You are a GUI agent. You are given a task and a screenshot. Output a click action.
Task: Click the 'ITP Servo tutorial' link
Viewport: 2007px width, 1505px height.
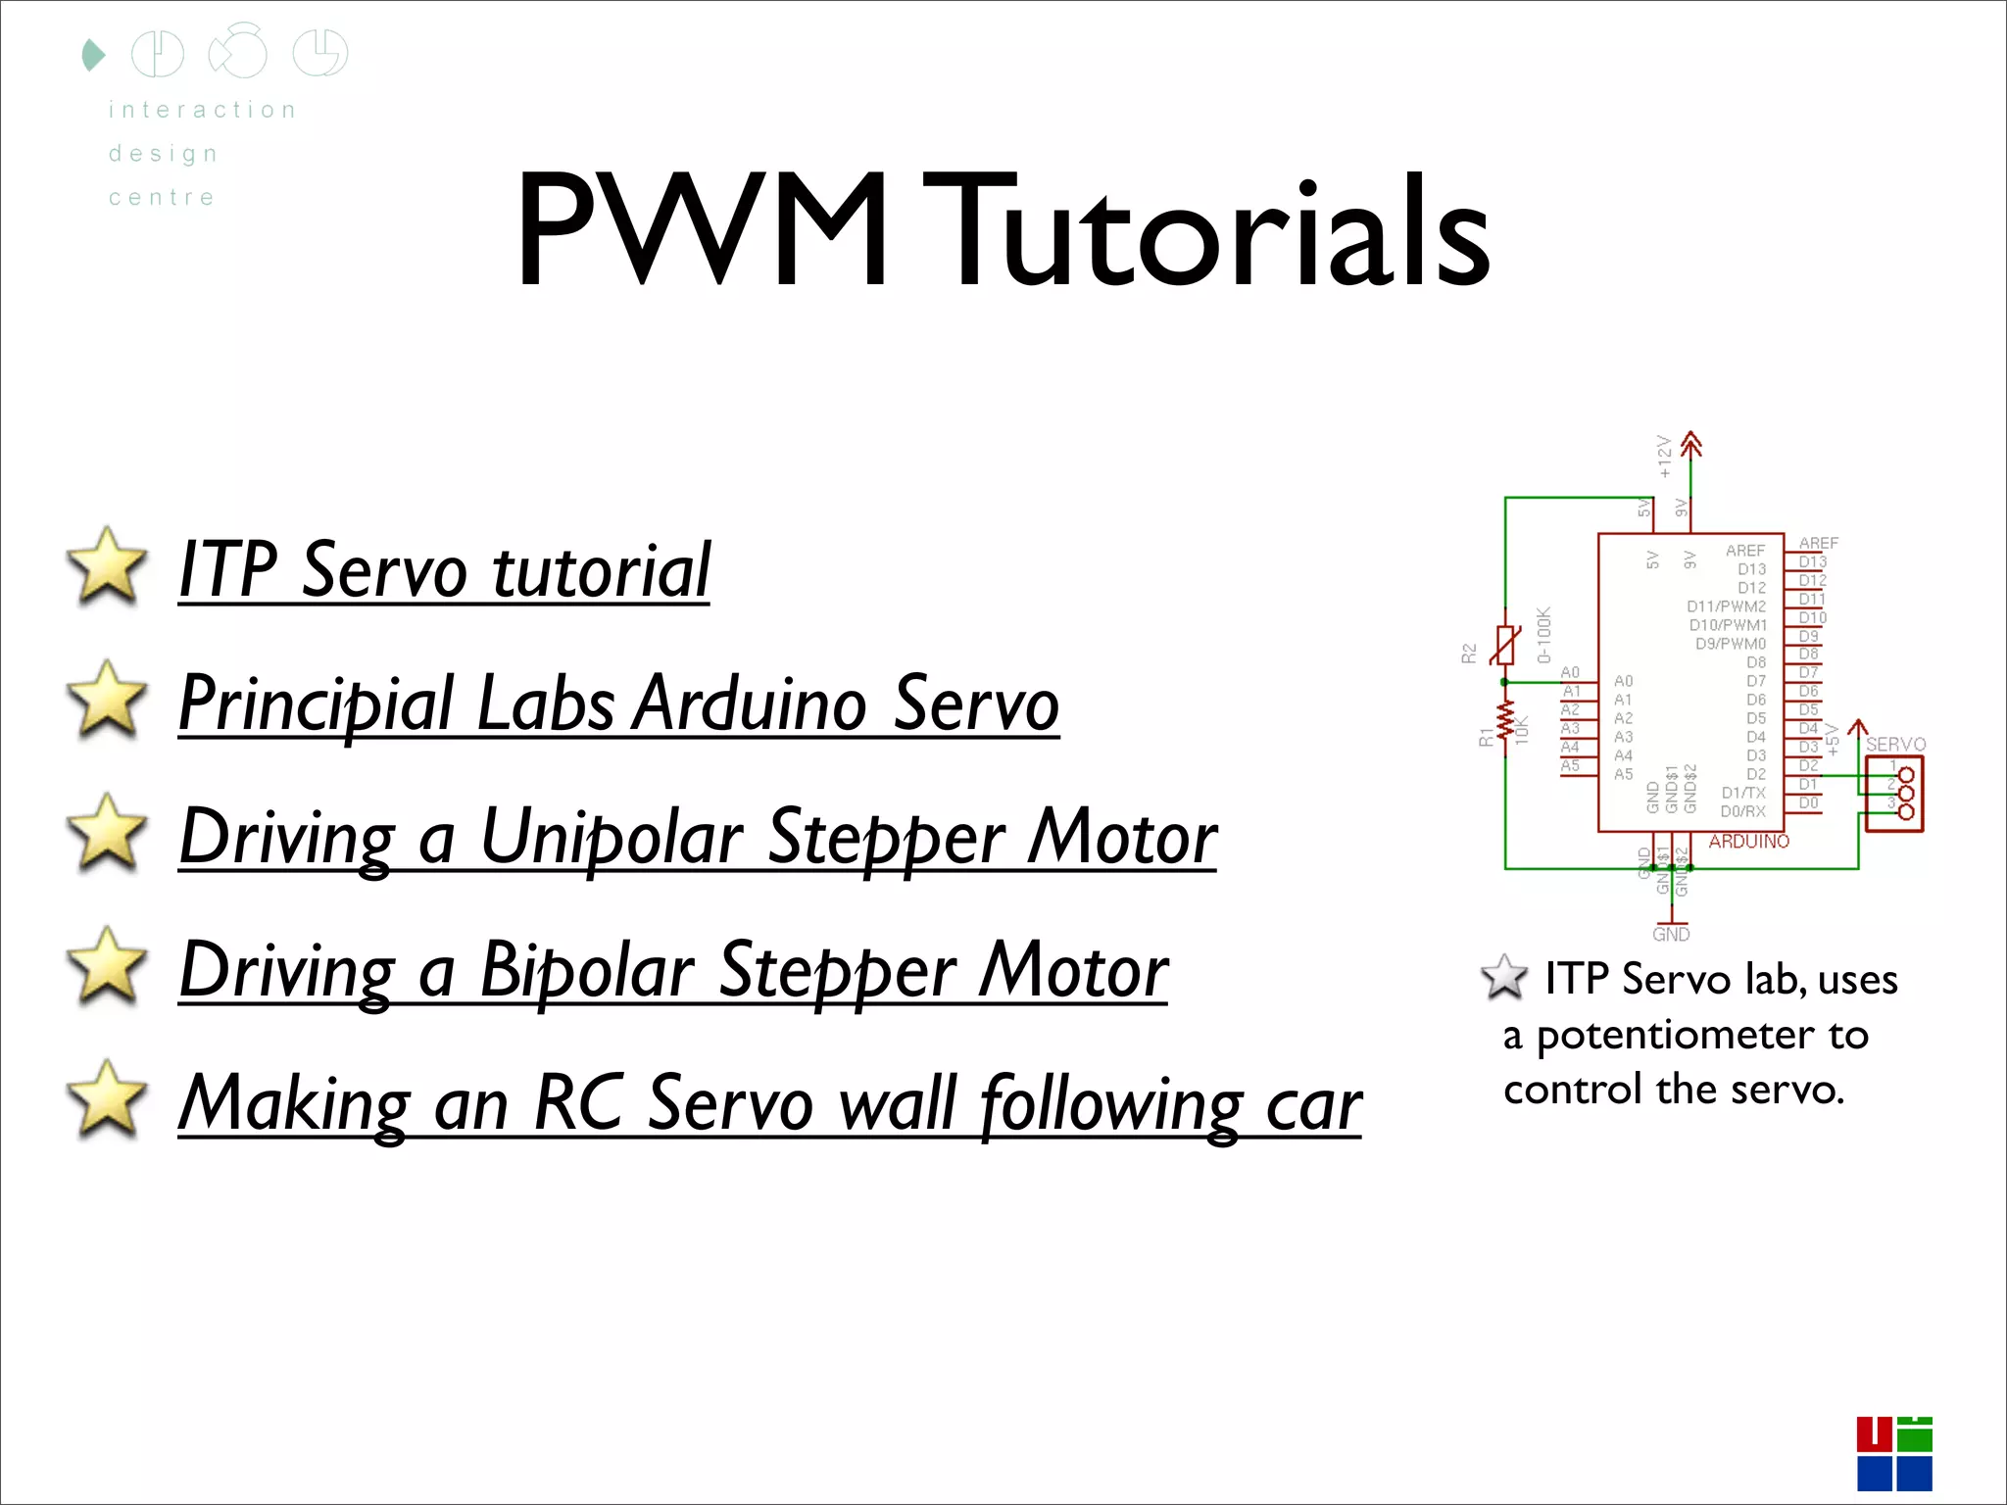pos(444,570)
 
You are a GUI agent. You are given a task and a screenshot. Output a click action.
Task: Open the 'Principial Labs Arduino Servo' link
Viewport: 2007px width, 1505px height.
pos(618,704)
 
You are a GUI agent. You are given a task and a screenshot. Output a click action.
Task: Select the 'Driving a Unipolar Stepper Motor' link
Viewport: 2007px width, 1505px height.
pos(698,837)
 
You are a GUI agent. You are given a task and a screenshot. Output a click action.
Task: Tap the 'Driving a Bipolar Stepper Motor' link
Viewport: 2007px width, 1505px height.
pos(673,970)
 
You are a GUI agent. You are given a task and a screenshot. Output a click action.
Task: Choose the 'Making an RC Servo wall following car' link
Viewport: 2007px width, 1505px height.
pos(770,1103)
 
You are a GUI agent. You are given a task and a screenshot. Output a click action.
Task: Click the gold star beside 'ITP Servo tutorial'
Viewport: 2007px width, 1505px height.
pos(106,565)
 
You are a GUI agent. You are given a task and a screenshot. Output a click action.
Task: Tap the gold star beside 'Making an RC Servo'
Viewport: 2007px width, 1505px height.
pos(106,1098)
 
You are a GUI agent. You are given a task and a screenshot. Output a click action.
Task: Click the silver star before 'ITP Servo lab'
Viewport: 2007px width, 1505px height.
pos(1504,977)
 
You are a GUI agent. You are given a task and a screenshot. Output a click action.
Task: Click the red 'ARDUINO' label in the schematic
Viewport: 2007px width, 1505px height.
pos(1748,842)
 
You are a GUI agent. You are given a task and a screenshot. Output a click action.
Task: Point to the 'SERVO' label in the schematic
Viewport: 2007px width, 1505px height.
pos(1895,745)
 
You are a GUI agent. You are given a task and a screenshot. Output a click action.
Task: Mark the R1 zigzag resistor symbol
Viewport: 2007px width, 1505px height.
pos(1505,723)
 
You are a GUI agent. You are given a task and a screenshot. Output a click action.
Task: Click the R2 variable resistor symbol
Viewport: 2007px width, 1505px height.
pos(1505,645)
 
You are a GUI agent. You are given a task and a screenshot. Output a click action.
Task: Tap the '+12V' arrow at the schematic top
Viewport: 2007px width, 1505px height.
pos(1690,446)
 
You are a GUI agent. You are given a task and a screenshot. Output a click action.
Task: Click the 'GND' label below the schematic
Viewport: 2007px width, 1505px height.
pos(1671,935)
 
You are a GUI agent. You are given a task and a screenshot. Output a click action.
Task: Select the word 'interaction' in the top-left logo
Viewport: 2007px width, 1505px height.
pos(202,110)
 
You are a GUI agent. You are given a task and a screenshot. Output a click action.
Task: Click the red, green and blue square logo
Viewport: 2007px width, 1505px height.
pos(1893,1453)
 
